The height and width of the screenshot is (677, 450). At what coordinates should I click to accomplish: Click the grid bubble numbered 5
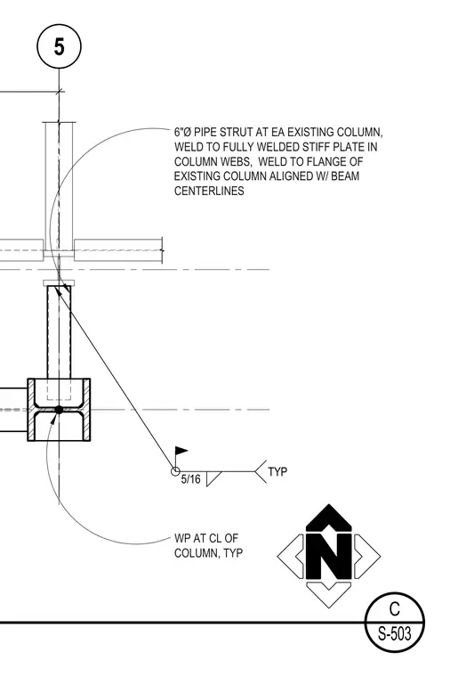click(59, 46)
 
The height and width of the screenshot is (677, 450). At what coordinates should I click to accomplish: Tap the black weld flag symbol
click(181, 452)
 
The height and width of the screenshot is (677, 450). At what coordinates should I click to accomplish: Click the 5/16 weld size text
click(190, 479)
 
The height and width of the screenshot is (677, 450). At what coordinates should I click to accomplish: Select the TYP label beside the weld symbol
click(277, 471)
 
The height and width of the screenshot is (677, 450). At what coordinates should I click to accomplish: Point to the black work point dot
click(59, 410)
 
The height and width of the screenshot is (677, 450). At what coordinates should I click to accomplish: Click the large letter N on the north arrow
click(328, 556)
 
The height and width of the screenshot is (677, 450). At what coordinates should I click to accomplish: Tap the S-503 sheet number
click(394, 634)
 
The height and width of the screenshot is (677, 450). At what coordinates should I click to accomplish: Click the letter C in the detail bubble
click(394, 608)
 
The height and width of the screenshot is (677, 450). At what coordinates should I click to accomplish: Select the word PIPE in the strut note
click(205, 132)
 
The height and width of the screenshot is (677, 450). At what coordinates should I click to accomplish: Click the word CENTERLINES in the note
click(209, 191)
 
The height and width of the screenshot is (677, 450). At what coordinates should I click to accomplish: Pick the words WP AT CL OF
click(206, 538)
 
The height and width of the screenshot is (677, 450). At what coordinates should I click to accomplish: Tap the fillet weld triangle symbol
click(213, 478)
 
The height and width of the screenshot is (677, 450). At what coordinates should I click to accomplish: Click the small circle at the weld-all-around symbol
click(175, 471)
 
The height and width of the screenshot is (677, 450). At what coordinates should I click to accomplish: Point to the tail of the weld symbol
click(261, 471)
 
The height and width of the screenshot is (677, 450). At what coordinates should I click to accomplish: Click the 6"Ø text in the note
click(183, 132)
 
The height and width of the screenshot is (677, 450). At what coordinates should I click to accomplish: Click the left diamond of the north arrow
click(291, 556)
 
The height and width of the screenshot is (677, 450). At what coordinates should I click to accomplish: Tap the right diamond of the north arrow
click(366, 556)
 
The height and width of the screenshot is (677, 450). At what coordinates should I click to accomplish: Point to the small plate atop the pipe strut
click(59, 282)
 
